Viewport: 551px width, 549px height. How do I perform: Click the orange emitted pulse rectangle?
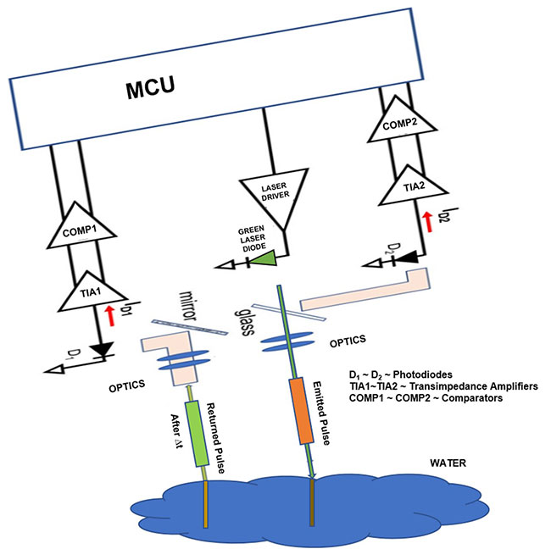(302, 412)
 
